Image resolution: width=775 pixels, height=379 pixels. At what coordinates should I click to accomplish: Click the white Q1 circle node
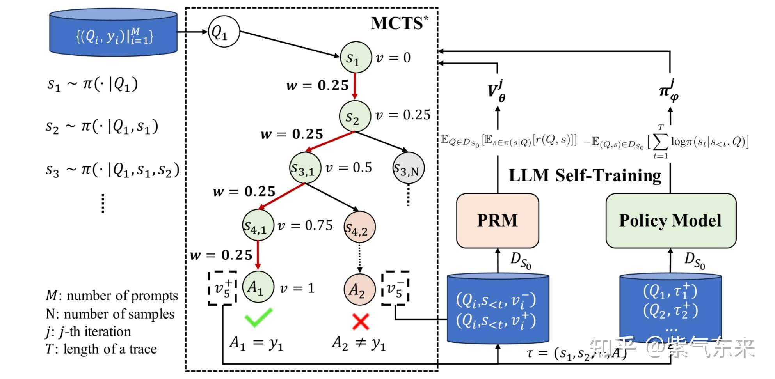click(x=223, y=32)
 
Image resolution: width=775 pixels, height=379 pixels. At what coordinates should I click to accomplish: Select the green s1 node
click(x=356, y=58)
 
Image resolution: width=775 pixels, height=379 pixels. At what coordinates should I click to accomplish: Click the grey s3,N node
click(x=408, y=168)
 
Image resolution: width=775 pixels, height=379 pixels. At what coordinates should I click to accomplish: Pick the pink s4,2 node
click(x=359, y=227)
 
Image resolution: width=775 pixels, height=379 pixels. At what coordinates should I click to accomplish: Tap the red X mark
click(x=360, y=322)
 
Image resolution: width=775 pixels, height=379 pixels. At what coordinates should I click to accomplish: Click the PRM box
click(x=497, y=221)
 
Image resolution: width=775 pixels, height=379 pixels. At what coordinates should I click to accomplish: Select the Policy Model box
click(x=670, y=221)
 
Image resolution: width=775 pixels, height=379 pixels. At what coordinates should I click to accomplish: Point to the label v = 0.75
click(x=305, y=225)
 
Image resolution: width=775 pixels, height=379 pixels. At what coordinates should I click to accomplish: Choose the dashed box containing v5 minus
click(x=396, y=288)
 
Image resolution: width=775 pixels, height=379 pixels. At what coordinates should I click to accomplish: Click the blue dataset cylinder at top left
click(x=114, y=33)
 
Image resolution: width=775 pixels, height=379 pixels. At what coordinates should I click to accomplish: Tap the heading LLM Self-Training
click(x=585, y=175)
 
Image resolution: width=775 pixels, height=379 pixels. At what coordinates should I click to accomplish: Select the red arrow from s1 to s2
click(x=354, y=86)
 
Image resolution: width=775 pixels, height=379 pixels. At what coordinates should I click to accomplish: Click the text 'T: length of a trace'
click(x=101, y=349)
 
